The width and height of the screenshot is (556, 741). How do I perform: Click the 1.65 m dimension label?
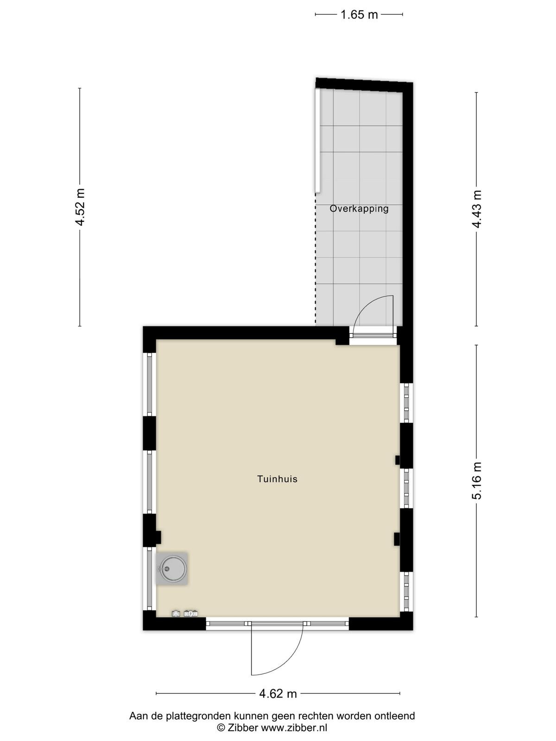tap(359, 15)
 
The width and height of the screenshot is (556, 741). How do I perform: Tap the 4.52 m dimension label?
tap(80, 207)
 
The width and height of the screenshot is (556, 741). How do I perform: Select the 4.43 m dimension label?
tap(477, 209)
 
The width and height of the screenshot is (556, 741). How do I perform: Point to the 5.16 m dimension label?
tap(477, 481)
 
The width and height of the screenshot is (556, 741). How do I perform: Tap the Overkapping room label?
tap(359, 208)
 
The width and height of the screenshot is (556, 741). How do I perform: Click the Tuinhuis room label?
tap(278, 479)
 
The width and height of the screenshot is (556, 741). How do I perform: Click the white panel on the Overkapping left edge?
tap(317, 141)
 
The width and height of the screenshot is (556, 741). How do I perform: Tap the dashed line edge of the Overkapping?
tap(316, 260)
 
